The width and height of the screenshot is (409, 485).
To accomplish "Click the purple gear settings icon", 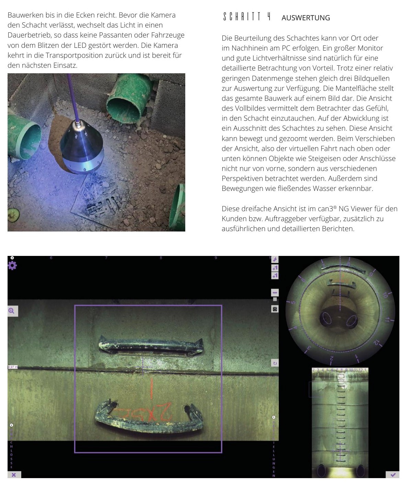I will click(12, 266).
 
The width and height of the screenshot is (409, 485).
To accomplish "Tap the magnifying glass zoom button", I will click(12, 311).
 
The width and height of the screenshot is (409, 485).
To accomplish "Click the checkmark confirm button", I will click(393, 475).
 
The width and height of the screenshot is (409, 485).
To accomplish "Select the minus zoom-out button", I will click(275, 293).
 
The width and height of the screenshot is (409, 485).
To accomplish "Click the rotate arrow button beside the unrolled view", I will click(275, 363).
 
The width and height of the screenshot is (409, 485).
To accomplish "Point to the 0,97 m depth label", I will click(13, 367).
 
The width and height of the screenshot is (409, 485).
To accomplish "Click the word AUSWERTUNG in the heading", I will click(306, 18).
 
